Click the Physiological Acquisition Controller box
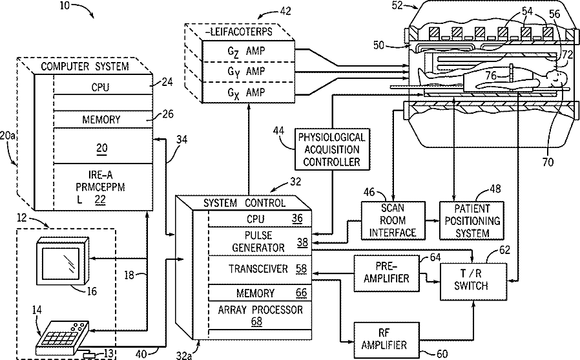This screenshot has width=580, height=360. click(331, 149)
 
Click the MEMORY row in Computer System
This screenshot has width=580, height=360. click(101, 120)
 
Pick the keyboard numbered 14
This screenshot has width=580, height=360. click(62, 334)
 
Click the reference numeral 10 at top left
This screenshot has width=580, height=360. click(66, 6)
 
